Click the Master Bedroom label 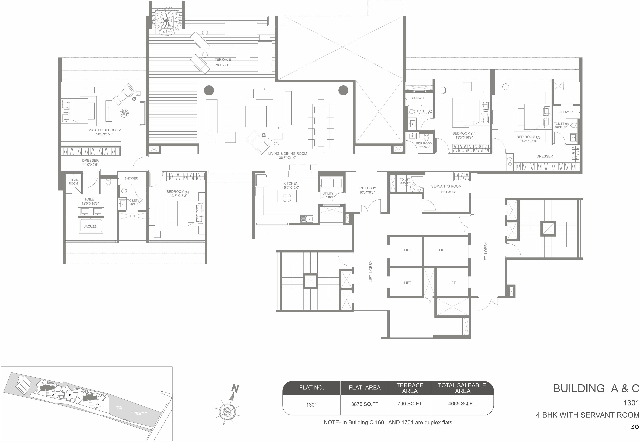coord(105,132)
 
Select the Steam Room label coord(73,182)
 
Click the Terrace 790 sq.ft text coord(223,62)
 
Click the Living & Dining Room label coord(287,155)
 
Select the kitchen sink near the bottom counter coord(307,219)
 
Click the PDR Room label coord(424,145)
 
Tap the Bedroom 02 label coord(464,135)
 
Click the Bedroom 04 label coord(178,193)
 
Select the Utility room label coord(328,195)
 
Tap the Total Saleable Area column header coord(462,388)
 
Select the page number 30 coord(635,427)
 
